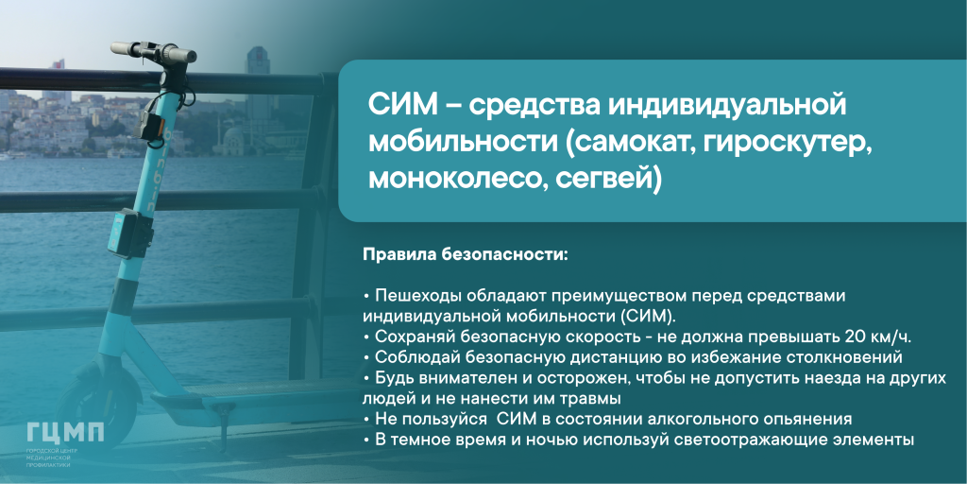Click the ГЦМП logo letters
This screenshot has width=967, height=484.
pos(65,433)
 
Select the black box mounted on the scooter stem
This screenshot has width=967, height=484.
pos(130,233)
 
